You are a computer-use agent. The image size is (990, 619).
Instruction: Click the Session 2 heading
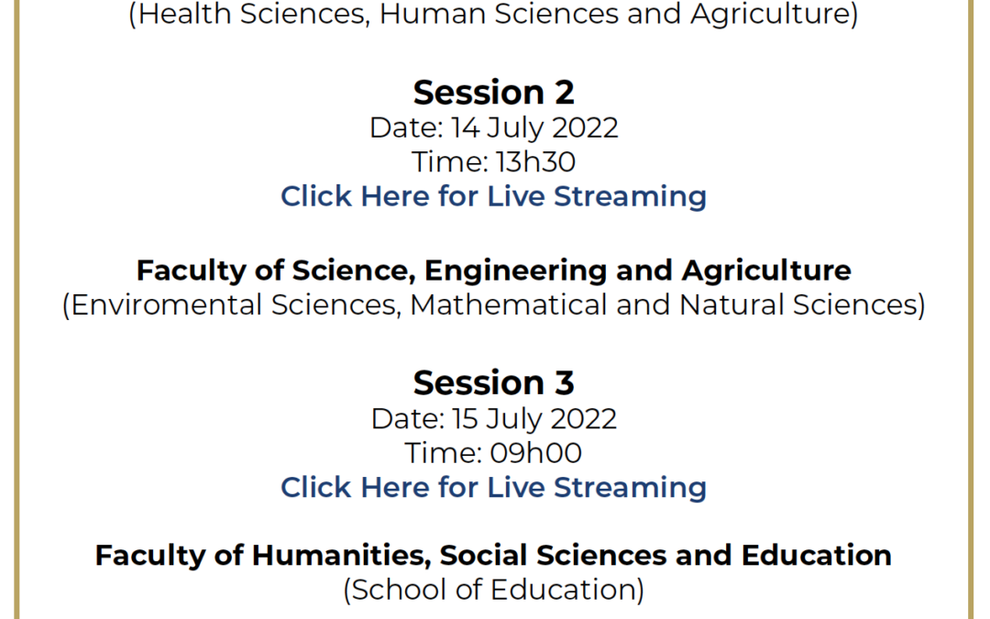494,93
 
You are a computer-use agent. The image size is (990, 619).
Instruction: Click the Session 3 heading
494,382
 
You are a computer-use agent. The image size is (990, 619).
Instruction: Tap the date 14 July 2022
534,128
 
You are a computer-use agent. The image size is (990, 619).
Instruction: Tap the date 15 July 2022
534,419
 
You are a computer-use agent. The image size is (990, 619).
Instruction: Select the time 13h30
535,161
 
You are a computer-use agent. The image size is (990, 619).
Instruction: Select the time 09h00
535,453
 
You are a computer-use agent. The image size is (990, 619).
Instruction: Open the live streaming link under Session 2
494,196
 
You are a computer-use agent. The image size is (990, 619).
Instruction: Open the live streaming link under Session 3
494,488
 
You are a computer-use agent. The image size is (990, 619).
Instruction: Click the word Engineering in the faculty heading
515,271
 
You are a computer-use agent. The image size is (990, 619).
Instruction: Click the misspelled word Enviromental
166,305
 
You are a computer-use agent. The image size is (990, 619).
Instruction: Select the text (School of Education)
494,591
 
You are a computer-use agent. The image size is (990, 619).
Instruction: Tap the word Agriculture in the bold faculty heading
766,271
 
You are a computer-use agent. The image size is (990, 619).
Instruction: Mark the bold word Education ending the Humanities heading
817,556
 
